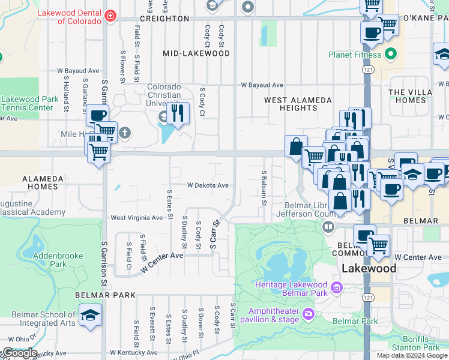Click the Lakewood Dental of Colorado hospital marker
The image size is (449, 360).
coord(110,16)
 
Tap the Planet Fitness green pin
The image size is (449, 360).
coord(391,55)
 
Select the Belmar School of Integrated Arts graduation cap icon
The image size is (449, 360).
coord(90,316)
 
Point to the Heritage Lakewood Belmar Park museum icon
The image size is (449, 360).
coord(337,289)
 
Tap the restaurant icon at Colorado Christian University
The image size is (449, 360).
coord(177,113)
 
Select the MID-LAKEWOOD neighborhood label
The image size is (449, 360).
coord(196,53)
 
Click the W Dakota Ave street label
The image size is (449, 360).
coord(208,185)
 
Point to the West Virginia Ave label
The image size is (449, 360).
coord(136,218)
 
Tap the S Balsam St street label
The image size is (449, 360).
coord(264,188)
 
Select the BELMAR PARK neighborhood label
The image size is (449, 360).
coord(105,296)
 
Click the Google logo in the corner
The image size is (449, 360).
coord(19,353)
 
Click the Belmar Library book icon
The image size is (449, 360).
coord(328,227)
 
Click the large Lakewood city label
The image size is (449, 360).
coord(369,268)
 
